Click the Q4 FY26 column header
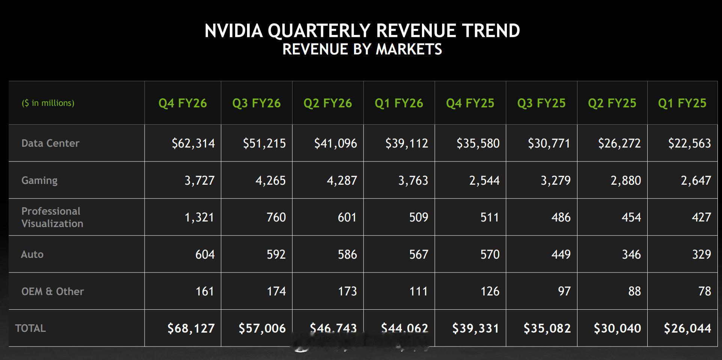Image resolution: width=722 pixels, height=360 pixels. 182,103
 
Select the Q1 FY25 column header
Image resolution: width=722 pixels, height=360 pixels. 682,103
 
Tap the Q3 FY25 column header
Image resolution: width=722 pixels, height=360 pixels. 541,103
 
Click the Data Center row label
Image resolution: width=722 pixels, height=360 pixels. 50,143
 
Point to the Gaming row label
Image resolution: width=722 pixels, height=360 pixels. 39,180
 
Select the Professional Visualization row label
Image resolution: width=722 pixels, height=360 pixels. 52,217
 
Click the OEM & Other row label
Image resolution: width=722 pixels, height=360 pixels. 53,291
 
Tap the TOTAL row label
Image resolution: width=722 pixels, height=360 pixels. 30,328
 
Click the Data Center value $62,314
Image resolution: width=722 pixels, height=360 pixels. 193,143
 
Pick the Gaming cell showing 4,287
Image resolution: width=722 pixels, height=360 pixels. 342,180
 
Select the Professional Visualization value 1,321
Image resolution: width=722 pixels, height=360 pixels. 199,217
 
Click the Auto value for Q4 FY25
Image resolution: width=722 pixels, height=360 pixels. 490,254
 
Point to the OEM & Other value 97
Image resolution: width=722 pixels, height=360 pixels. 564,291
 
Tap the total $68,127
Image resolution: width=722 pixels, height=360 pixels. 191,328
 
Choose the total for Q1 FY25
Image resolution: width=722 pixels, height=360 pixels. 687,328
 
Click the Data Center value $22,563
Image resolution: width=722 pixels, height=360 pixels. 689,143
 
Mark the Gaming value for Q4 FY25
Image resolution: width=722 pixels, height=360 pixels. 484,180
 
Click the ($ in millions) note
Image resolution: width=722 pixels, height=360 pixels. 48,103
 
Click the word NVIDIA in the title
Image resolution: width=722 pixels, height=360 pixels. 233,31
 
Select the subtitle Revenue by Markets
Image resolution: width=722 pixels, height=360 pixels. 362,49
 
